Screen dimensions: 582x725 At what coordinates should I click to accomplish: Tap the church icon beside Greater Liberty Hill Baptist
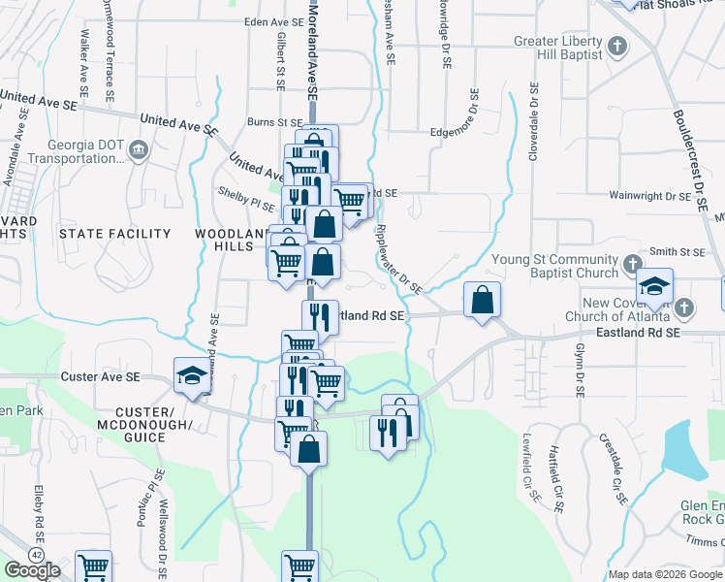tap(618, 46)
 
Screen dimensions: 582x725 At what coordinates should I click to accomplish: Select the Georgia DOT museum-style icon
tap(139, 151)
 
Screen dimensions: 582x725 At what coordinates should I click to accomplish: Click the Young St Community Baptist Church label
tap(554, 266)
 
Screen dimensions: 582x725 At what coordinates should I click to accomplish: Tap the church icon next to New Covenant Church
tap(683, 308)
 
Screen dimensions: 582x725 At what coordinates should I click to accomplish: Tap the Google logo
tap(32, 570)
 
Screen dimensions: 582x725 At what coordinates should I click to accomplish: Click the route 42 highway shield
tap(36, 553)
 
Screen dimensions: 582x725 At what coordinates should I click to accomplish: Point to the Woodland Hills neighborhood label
tap(230, 241)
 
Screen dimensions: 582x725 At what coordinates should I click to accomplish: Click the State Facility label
tap(114, 234)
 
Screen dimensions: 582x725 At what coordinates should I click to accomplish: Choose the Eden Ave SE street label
tap(274, 21)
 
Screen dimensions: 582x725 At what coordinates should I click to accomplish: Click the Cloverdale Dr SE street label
tap(533, 120)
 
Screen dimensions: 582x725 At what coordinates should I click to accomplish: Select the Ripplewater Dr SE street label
tap(397, 258)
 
